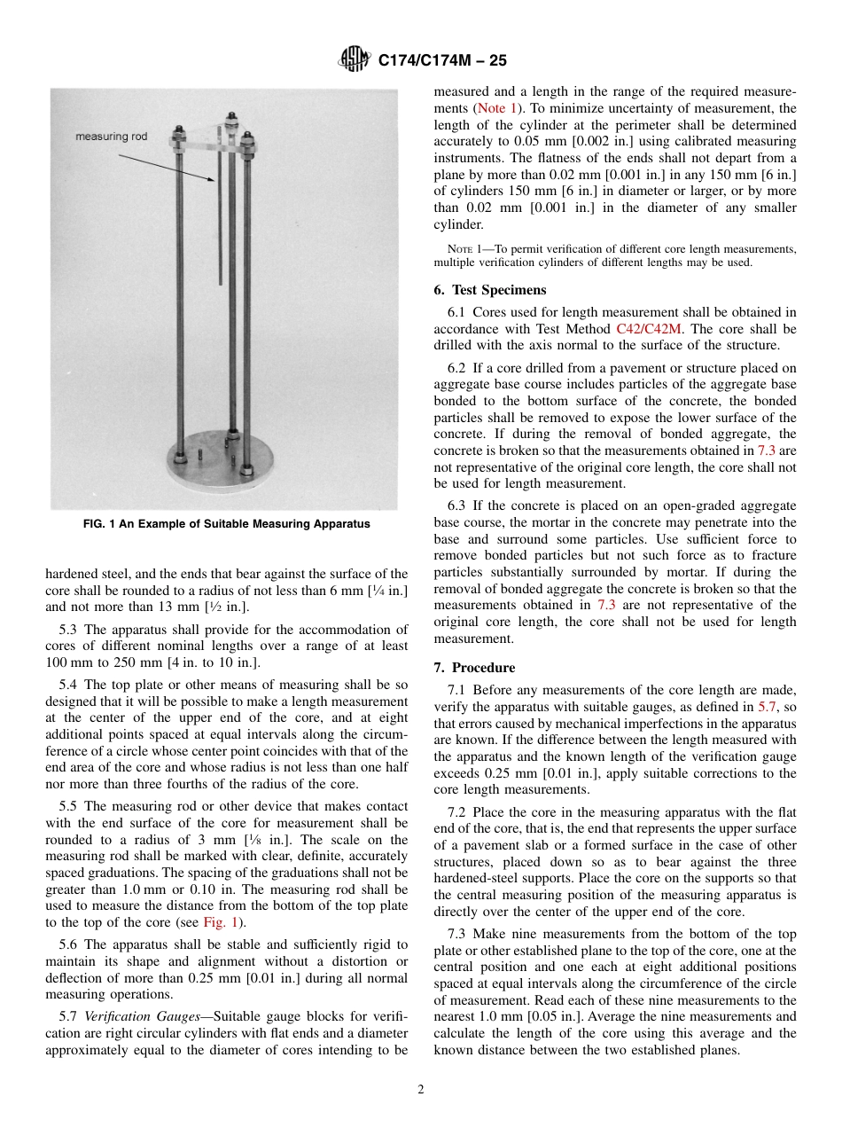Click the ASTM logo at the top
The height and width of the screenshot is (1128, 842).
(x=354, y=60)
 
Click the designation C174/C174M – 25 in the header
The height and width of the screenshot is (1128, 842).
(x=442, y=61)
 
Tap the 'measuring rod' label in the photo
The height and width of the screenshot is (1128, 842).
(x=111, y=136)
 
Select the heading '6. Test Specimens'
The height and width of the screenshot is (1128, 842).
(x=490, y=290)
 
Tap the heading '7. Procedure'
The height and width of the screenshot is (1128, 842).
(x=474, y=668)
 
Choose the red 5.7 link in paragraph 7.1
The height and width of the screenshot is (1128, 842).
(x=769, y=707)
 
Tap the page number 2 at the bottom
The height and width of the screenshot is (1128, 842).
(x=421, y=1090)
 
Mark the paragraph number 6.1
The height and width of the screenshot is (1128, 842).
(x=458, y=311)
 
